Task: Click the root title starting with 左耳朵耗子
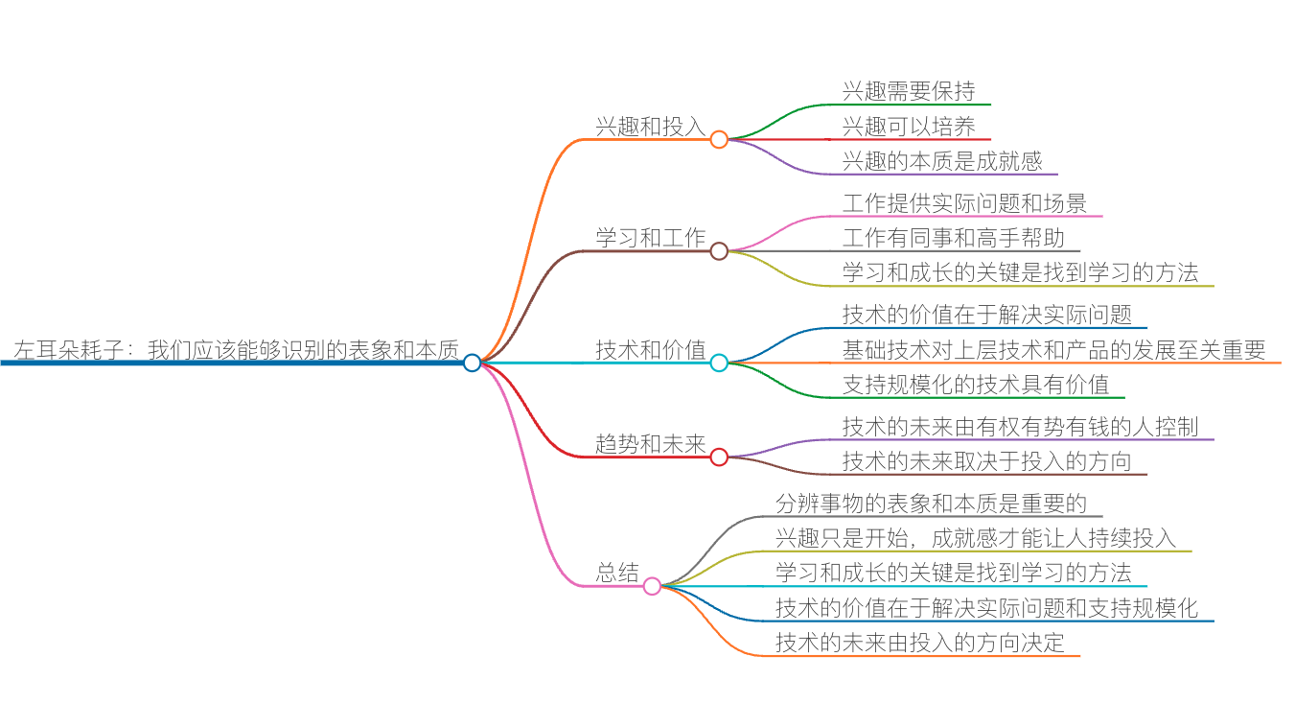(236, 350)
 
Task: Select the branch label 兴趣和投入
(651, 127)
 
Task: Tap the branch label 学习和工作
(651, 238)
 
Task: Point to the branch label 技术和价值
(651, 350)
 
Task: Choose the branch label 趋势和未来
(651, 444)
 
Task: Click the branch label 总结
(617, 574)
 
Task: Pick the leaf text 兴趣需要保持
(909, 92)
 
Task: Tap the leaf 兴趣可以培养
(909, 127)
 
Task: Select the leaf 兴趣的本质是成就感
(942, 161)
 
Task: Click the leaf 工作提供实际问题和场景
(964, 203)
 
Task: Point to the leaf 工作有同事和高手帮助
(954, 238)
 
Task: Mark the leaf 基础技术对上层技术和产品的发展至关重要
(1054, 350)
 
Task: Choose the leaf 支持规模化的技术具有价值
(976, 385)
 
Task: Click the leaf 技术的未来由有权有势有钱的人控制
(1021, 427)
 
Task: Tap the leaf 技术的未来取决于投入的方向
(987, 461)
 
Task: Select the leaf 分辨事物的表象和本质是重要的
(931, 504)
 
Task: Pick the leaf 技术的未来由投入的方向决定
(920, 643)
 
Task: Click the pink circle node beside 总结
(652, 586)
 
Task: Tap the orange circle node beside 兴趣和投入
(719, 139)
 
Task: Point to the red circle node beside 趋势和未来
(719, 457)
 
